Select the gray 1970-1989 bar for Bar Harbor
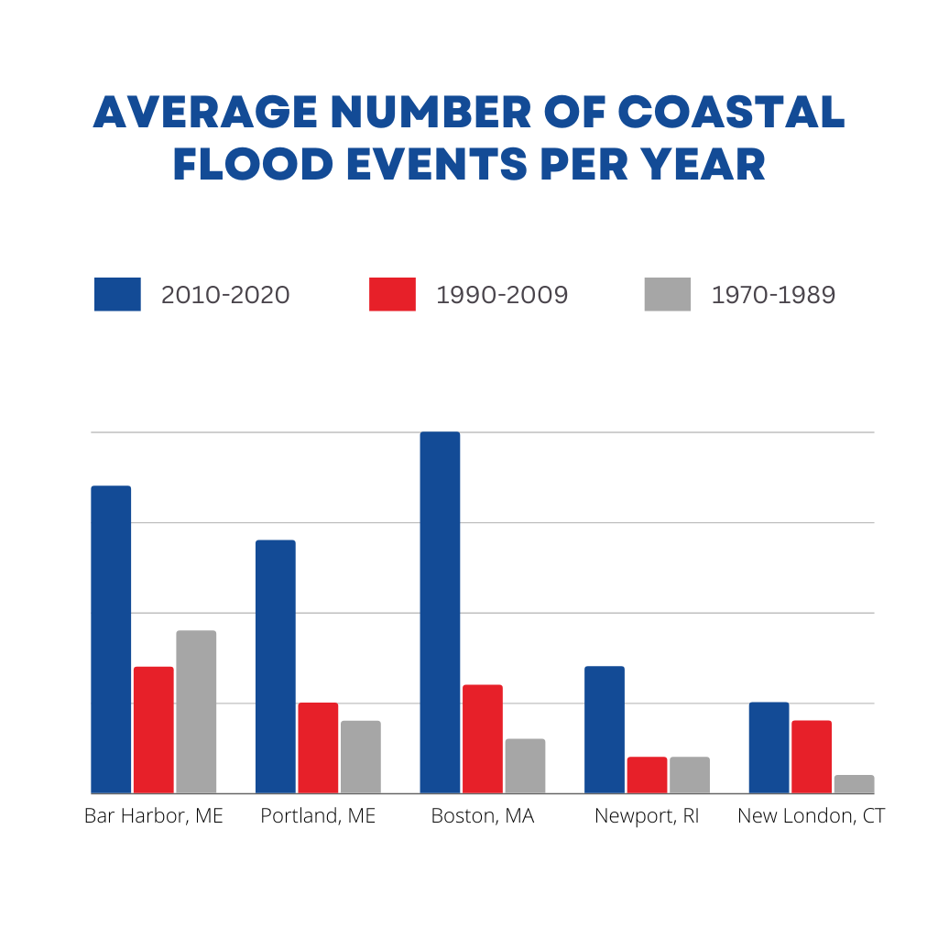(196, 712)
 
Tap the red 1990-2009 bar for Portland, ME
(318, 747)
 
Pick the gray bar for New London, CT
(854, 784)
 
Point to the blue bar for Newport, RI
(605, 729)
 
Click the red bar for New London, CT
(812, 757)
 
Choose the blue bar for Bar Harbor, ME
(111, 639)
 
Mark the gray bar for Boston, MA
(525, 766)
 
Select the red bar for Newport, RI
(647, 775)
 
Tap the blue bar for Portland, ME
(276, 666)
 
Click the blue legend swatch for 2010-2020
(117, 295)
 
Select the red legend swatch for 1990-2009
(392, 295)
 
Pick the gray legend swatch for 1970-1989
(668, 295)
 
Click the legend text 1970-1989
(773, 295)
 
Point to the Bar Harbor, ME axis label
(154, 815)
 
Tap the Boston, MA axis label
(483, 815)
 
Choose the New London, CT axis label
(811, 815)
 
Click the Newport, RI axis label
(647, 815)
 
